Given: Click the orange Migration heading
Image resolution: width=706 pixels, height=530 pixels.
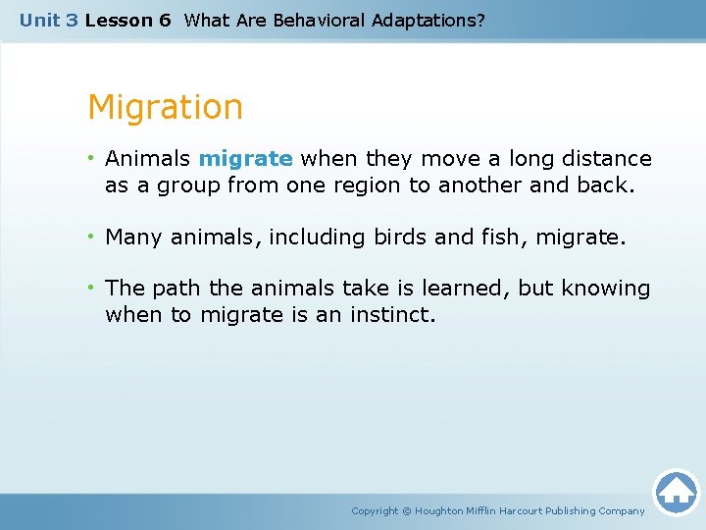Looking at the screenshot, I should (x=165, y=107).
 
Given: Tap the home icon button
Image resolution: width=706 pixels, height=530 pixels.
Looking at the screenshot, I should (x=676, y=492).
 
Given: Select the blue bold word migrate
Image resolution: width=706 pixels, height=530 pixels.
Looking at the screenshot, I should (x=245, y=159).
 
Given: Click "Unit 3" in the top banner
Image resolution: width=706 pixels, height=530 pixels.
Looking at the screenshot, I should (x=48, y=20).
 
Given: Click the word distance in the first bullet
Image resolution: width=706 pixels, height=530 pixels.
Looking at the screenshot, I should (x=607, y=159).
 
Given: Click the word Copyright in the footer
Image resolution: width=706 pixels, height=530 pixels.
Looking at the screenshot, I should (x=376, y=511).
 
